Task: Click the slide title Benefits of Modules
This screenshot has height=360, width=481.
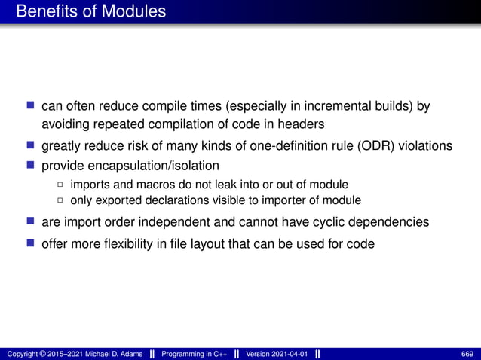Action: click(x=91, y=12)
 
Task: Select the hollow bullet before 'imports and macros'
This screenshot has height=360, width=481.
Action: click(x=60, y=185)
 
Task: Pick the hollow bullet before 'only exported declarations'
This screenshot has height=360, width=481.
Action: click(x=60, y=200)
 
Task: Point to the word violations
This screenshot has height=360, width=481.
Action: click(x=427, y=146)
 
